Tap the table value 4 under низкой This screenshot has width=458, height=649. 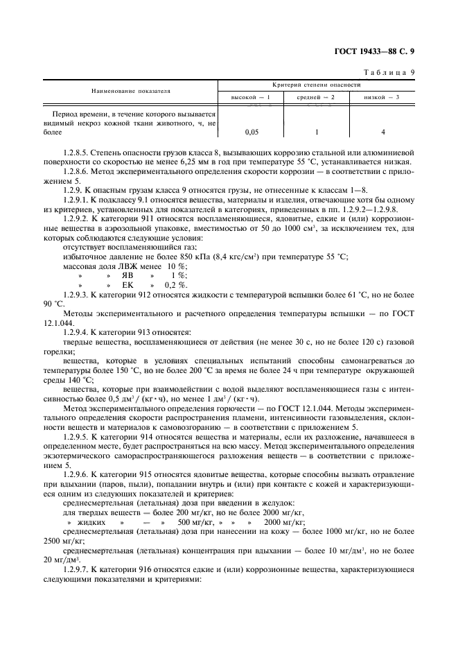382,131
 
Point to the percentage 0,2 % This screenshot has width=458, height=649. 176,284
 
